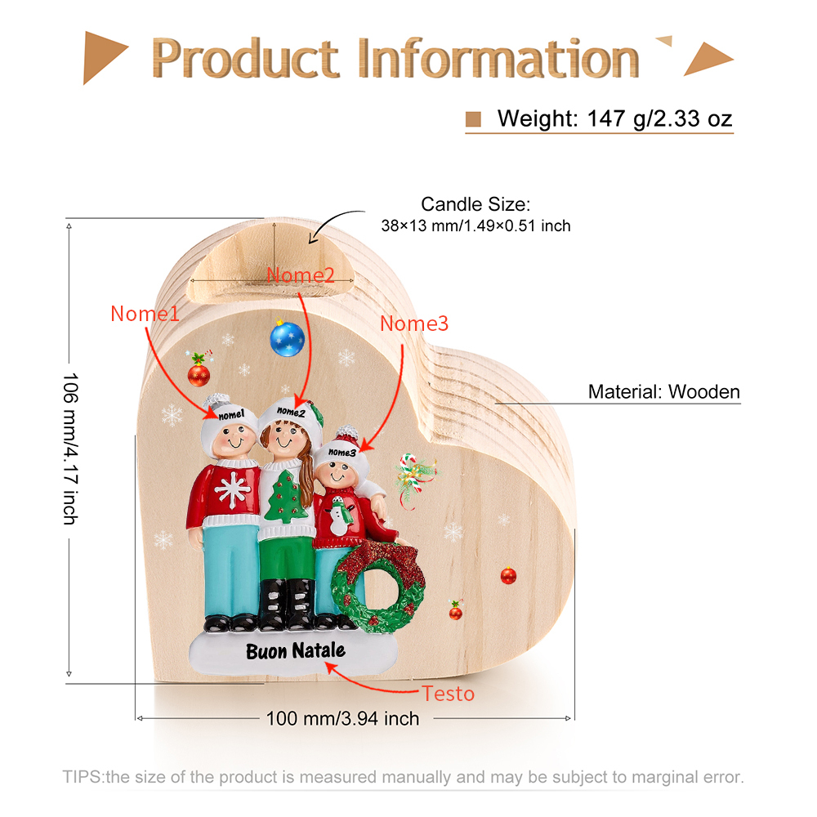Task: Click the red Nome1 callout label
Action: [x=145, y=314]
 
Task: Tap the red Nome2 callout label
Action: [x=301, y=275]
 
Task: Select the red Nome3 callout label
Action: [x=414, y=324]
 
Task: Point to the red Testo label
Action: [x=448, y=694]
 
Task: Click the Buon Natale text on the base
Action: [x=296, y=651]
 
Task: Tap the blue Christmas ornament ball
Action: [x=287, y=339]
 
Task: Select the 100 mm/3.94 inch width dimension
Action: [x=342, y=718]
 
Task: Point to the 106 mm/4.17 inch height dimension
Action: [x=70, y=449]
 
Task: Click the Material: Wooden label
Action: [x=663, y=391]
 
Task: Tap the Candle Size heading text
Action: [x=475, y=204]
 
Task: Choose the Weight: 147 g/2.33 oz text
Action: [x=615, y=118]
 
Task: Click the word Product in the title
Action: [x=245, y=58]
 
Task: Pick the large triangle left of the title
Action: [x=103, y=57]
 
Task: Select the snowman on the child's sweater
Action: [x=339, y=516]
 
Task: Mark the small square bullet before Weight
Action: [x=473, y=118]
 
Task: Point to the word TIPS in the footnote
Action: [x=83, y=777]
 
